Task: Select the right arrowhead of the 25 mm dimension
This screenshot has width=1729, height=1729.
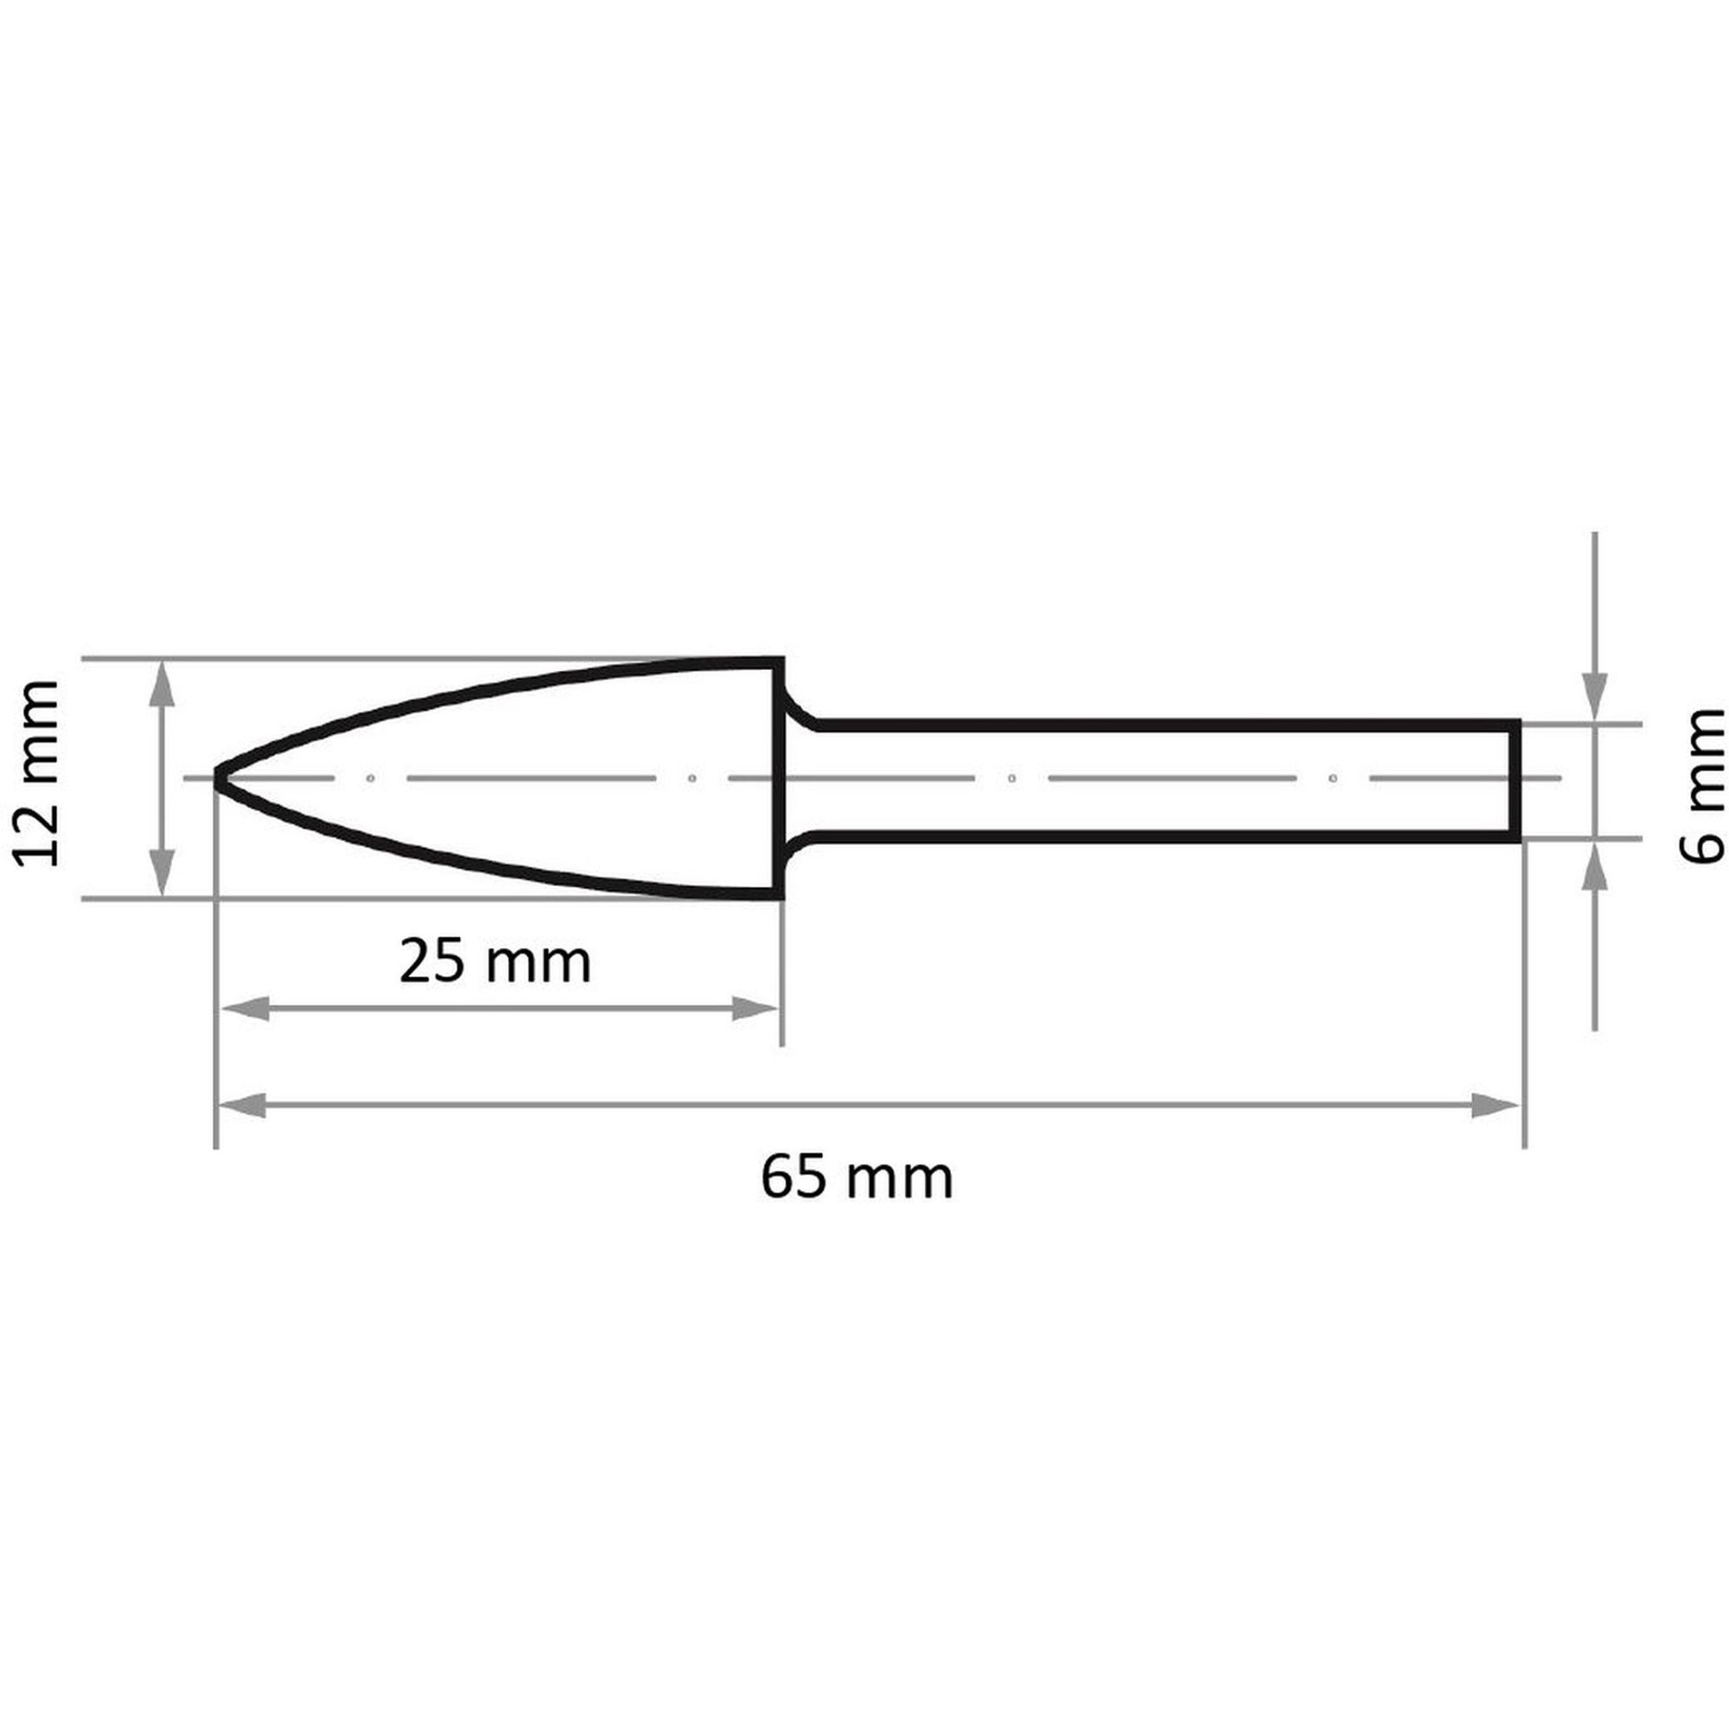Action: coord(756,1009)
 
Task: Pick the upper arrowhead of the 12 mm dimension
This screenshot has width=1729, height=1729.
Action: coord(160,686)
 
